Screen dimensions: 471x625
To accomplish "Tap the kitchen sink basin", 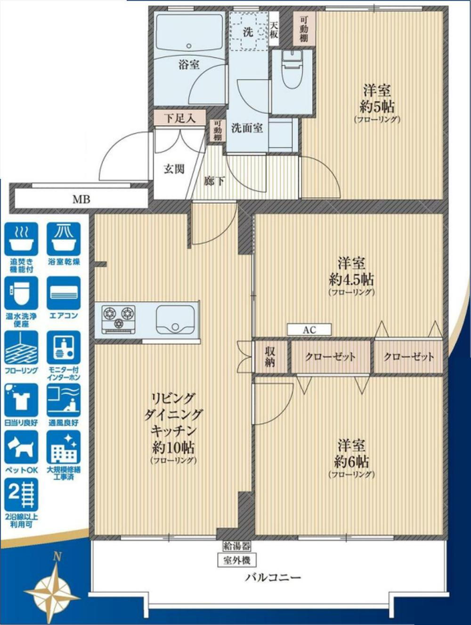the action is coord(176,319).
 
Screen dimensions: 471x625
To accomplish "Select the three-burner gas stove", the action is coord(119,319).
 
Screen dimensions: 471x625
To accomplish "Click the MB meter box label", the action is coord(81,199).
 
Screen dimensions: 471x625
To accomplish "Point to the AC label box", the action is coord(309,330).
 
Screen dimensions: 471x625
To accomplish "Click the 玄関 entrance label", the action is coord(174,170).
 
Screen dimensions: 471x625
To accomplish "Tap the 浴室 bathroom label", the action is coord(189,65).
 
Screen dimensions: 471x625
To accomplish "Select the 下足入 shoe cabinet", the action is coord(180,118).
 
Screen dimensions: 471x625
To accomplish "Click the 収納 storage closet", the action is coord(271,357).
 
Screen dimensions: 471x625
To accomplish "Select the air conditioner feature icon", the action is coord(64,293).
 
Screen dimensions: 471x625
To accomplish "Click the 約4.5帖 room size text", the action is coord(351,280).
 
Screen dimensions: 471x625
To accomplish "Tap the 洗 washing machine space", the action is coord(248,32).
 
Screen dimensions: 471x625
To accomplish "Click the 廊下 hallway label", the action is coord(214,181).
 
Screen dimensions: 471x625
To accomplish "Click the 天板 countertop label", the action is coord(274,30).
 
